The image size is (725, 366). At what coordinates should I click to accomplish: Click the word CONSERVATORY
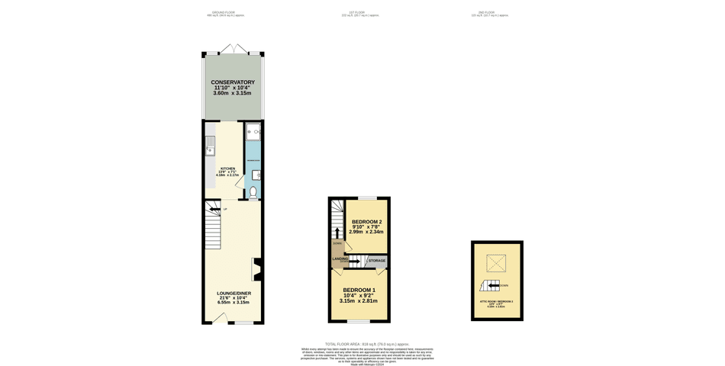(x=233, y=82)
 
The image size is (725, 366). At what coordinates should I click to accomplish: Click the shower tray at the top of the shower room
(x=253, y=132)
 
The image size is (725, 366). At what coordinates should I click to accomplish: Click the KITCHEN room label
(x=228, y=169)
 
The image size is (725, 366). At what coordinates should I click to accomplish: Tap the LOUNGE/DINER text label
(x=234, y=294)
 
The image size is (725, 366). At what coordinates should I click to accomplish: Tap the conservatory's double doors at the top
(x=233, y=50)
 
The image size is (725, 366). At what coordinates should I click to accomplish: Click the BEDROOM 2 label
(x=366, y=222)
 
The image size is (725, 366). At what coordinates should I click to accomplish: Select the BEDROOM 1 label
(x=359, y=291)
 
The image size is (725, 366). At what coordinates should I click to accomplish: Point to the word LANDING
(x=340, y=258)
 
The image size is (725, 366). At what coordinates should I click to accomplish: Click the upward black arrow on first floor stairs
(x=337, y=231)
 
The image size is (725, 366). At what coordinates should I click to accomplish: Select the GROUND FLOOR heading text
(x=224, y=12)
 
